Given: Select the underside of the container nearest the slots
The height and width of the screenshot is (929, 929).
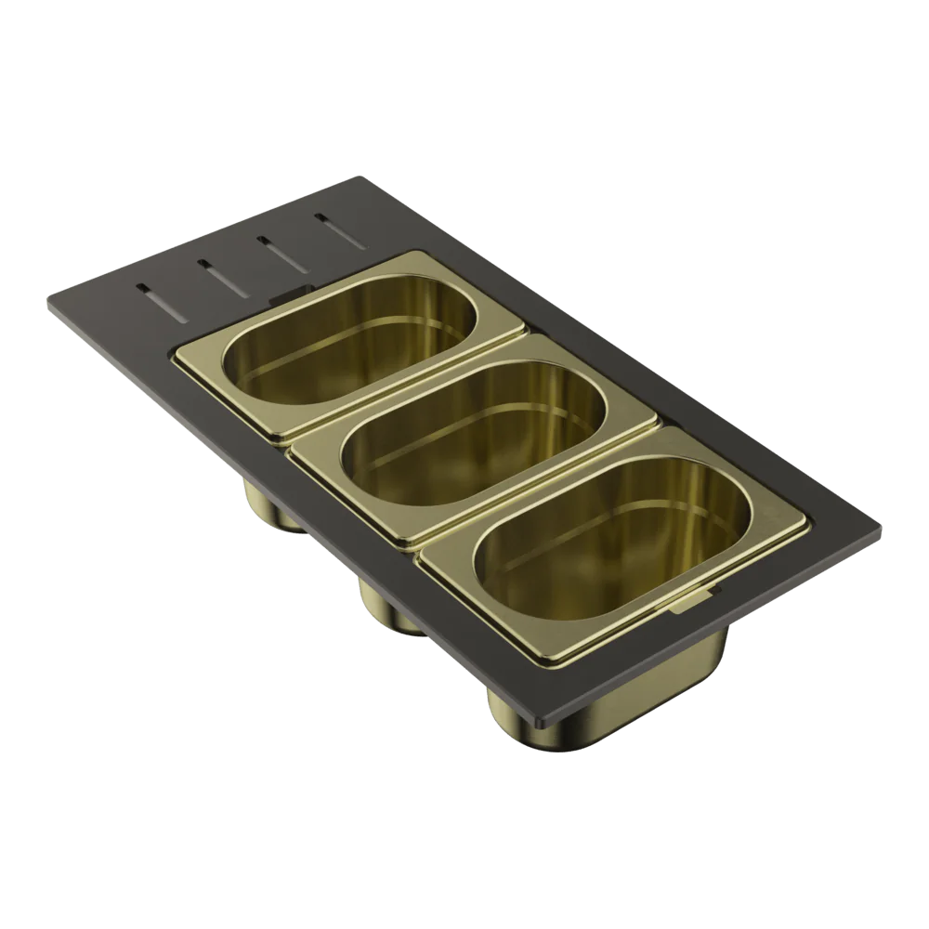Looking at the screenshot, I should coord(269,506).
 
